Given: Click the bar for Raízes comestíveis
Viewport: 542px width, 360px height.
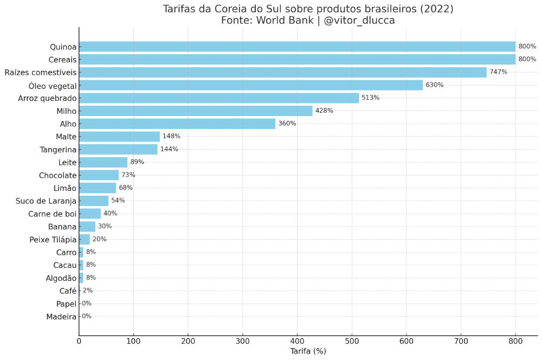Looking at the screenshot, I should pyautogui.click(x=282, y=72).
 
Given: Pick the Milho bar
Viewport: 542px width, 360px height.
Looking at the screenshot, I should pyautogui.click(x=196, y=111).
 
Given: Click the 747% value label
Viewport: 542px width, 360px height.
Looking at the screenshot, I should pyautogui.click(x=498, y=72).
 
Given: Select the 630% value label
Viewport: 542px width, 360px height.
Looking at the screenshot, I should pyautogui.click(x=434, y=85).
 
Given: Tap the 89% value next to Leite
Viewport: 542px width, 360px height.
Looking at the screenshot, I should pyautogui.click(x=137, y=162).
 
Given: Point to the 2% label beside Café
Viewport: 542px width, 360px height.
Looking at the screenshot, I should pyautogui.click(x=87, y=291).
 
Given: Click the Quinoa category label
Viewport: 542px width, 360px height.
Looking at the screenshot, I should pyautogui.click(x=63, y=47).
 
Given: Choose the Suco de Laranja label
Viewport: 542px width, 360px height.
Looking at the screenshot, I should pyautogui.click(x=47, y=201).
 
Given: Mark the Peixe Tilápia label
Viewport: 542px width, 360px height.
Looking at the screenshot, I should pyautogui.click(x=53, y=239).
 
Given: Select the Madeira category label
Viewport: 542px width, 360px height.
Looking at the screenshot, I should pyautogui.click(x=61, y=317).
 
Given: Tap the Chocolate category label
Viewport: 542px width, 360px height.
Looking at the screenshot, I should pyautogui.click(x=57, y=175).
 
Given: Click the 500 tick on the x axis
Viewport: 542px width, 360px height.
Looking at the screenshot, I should pyautogui.click(x=352, y=341).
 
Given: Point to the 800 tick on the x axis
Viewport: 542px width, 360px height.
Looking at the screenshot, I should pyautogui.click(x=515, y=341).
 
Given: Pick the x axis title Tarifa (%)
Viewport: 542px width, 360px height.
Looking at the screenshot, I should pyautogui.click(x=308, y=351).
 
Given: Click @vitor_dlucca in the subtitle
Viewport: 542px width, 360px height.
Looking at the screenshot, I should pyautogui.click(x=359, y=21).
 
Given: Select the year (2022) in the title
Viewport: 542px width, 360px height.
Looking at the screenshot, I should pyautogui.click(x=433, y=9).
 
